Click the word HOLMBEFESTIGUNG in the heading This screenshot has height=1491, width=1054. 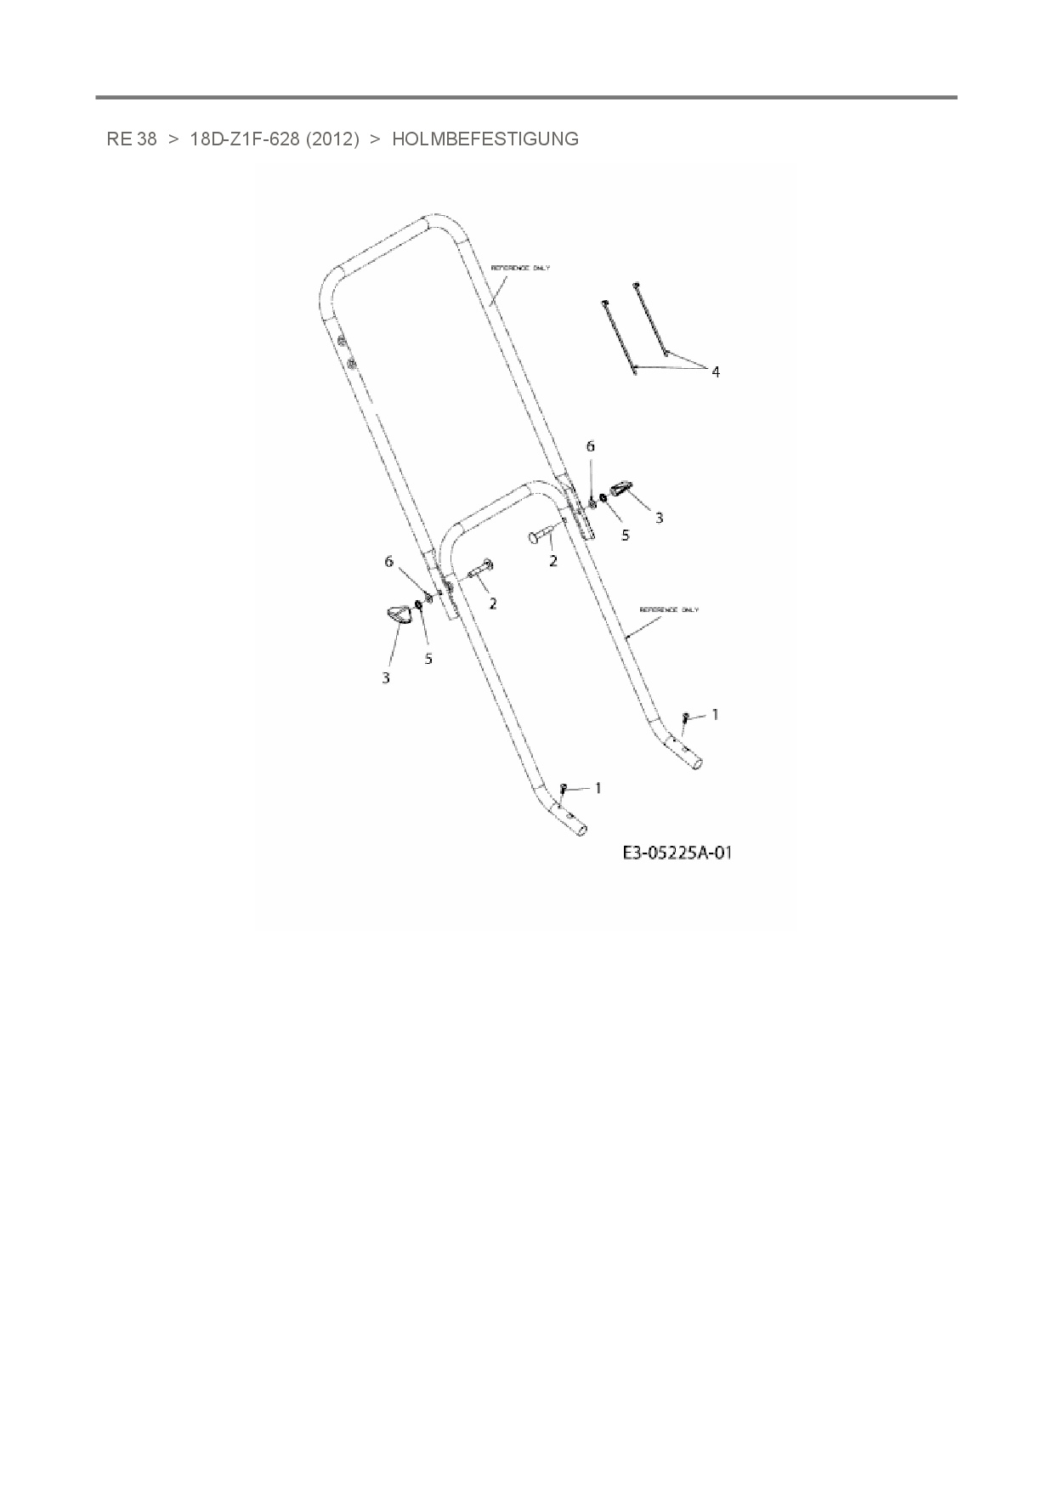[484, 139]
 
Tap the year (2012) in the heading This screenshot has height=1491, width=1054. [332, 139]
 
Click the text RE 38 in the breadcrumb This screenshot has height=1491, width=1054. [132, 139]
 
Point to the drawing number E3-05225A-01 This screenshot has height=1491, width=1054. [677, 853]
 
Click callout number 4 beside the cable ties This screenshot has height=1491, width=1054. [716, 371]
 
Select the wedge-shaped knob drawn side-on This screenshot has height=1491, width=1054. [621, 490]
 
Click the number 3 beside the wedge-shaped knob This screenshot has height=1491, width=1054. [659, 517]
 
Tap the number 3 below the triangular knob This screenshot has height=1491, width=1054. [386, 677]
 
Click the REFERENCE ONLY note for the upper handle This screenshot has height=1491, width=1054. [520, 268]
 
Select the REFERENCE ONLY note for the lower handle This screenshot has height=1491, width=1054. [669, 609]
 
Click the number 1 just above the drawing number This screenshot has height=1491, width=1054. [598, 788]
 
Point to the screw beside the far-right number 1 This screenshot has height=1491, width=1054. [684, 718]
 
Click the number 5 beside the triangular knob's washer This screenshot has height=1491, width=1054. [428, 658]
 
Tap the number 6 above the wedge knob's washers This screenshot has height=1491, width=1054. [591, 446]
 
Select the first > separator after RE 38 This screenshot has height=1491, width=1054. [173, 139]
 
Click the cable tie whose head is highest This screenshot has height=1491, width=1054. [650, 319]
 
